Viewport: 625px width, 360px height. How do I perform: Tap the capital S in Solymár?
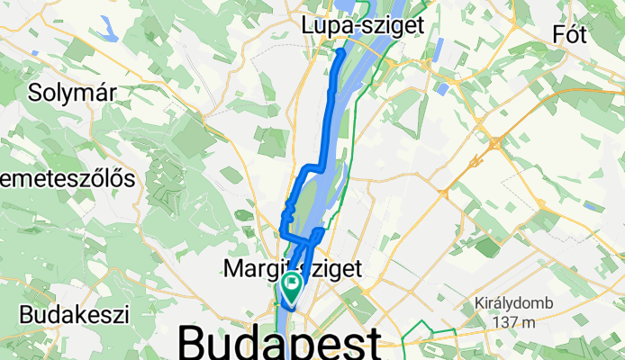tap(37, 92)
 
